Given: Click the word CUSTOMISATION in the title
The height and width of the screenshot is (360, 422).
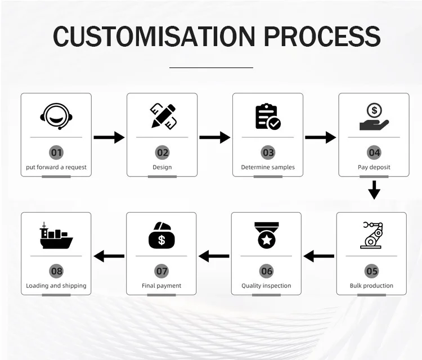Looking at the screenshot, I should [x=154, y=37].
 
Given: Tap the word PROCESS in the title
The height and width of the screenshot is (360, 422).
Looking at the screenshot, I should [x=322, y=37].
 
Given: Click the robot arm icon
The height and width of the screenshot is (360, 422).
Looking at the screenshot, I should [x=371, y=235].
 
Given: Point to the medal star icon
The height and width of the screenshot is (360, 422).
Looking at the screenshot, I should [x=267, y=235].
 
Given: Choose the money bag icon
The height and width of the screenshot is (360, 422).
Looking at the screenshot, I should [x=161, y=235].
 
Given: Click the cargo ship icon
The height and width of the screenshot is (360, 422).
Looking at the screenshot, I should [x=56, y=235].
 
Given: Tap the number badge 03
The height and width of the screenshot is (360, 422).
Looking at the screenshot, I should [x=268, y=152].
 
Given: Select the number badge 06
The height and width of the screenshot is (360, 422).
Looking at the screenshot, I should [x=267, y=271].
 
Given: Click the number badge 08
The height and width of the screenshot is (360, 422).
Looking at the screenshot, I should [x=57, y=271].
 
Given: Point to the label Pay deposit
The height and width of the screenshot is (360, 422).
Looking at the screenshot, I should [x=374, y=167].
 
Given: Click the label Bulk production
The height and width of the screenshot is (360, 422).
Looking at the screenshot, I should [x=371, y=286].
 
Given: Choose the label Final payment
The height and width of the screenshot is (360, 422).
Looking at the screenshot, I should [x=161, y=286].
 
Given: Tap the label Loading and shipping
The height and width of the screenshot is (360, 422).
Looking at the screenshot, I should [x=56, y=286].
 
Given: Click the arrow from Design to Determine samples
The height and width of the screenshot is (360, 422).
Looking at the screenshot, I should [x=215, y=137].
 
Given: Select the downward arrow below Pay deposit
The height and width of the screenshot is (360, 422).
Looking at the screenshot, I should [x=374, y=190].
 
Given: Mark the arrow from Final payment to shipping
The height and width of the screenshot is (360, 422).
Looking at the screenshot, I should [x=109, y=256].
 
